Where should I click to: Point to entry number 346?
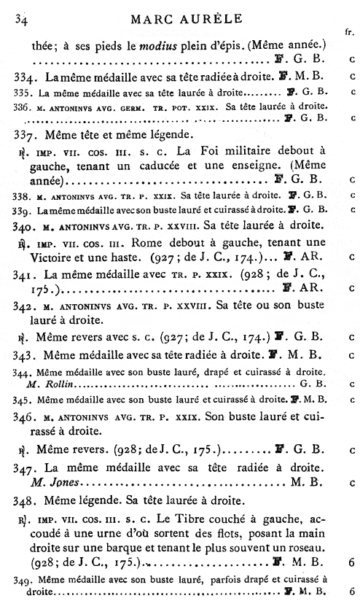[x=26, y=420]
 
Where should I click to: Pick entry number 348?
[x=26, y=502]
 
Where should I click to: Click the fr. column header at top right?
[x=348, y=32]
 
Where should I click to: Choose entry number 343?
[x=26, y=355]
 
